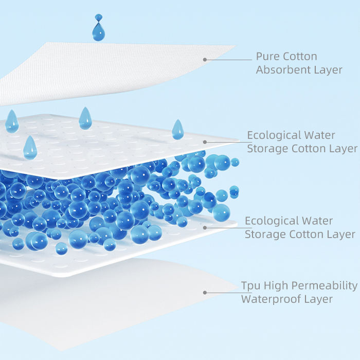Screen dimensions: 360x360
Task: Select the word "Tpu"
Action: click(x=251, y=285)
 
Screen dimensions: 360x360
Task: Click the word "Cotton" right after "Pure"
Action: click(x=300, y=57)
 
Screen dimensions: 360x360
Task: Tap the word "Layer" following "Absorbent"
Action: click(x=328, y=70)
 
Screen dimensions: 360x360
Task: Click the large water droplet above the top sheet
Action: click(x=98, y=32)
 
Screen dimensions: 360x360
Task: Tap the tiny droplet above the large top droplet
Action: click(x=98, y=17)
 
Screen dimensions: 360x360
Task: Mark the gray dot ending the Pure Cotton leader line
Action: click(x=205, y=60)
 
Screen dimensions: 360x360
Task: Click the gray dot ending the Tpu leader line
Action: click(x=205, y=293)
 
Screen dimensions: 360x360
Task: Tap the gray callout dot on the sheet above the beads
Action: click(x=205, y=142)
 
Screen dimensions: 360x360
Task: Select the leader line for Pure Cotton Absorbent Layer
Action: click(x=229, y=60)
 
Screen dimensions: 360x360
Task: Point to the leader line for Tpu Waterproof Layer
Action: click(x=221, y=293)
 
